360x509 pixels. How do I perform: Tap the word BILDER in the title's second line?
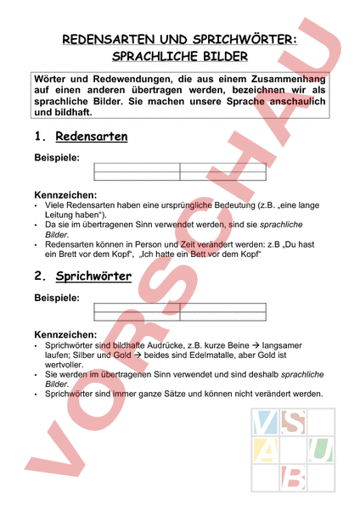pyautogui.click(x=222, y=57)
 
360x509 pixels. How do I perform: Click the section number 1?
pyautogui.click(x=39, y=137)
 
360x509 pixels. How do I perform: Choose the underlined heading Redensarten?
pyautogui.click(x=92, y=137)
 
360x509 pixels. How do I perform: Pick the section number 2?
pyautogui.click(x=40, y=277)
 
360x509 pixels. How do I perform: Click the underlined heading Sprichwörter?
pyautogui.click(x=93, y=277)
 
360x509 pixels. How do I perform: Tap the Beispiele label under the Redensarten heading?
pyautogui.click(x=56, y=158)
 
